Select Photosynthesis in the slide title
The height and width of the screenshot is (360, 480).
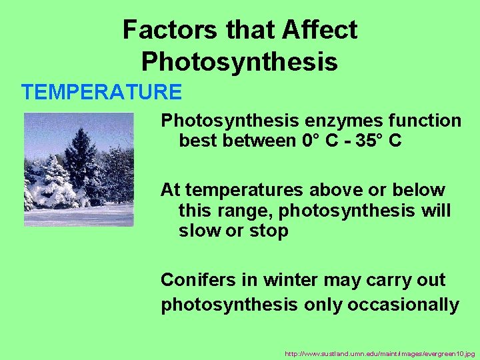239,62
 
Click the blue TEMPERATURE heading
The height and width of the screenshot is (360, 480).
101,91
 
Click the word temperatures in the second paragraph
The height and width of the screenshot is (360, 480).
247,190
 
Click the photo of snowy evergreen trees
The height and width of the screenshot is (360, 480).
79,169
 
